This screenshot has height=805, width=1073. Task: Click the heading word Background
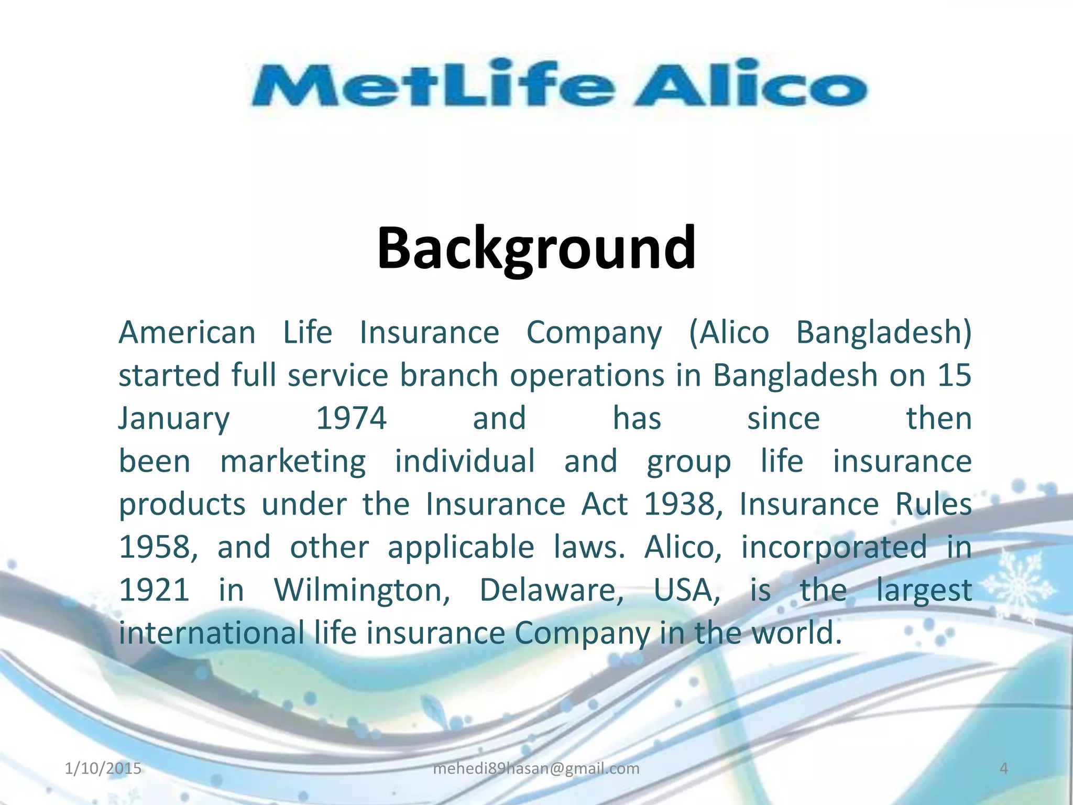coord(536,247)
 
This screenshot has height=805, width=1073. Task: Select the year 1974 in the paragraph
coord(352,419)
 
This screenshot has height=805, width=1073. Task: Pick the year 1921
coord(154,591)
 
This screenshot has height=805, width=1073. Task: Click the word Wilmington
coord(362,591)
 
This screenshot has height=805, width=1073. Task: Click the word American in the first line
coord(187,333)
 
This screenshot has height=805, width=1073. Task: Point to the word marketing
coord(293,462)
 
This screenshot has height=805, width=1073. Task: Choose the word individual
coord(465,462)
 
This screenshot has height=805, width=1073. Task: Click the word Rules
coord(933,505)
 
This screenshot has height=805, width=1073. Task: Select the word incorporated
coord(834,548)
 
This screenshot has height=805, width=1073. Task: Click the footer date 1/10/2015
coord(103,768)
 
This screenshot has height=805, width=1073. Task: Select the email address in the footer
coord(536,768)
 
